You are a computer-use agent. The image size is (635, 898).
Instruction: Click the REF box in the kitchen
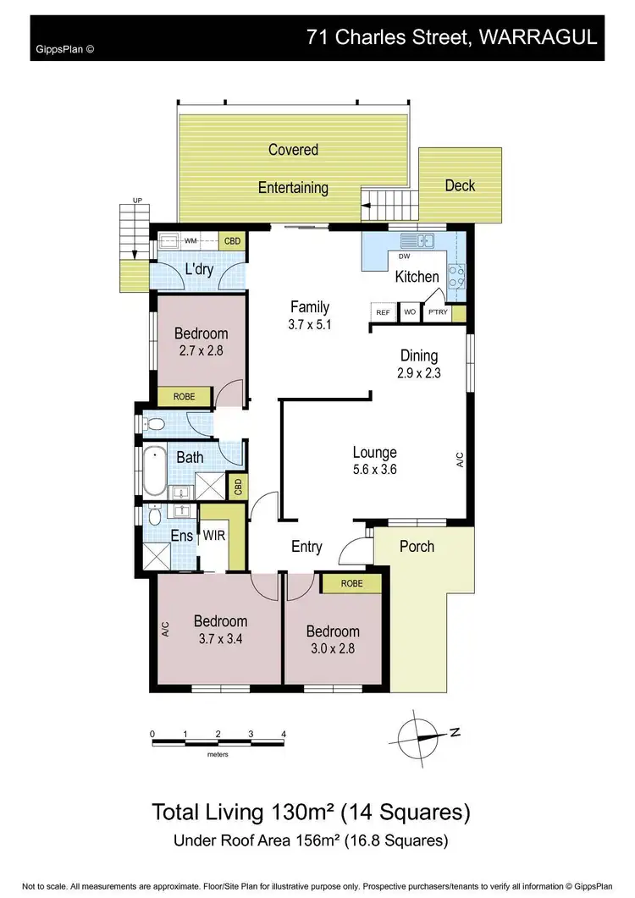383,313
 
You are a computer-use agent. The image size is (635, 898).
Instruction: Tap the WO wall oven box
409,313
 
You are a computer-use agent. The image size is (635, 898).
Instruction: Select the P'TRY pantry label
437,313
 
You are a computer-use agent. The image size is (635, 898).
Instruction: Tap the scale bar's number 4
284,734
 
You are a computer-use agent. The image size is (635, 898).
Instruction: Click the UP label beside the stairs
136,201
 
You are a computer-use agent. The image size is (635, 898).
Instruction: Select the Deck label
460,185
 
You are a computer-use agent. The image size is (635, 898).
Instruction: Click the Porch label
417,546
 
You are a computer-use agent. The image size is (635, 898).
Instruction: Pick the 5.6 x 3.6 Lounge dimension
373,470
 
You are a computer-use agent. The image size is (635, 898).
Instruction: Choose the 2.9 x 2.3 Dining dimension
419,372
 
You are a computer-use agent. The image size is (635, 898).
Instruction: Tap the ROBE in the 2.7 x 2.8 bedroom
185,396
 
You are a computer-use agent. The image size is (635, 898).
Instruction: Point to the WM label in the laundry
190,241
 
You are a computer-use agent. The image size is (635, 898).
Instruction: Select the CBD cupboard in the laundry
232,241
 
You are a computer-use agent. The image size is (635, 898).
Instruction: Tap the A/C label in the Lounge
460,460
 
